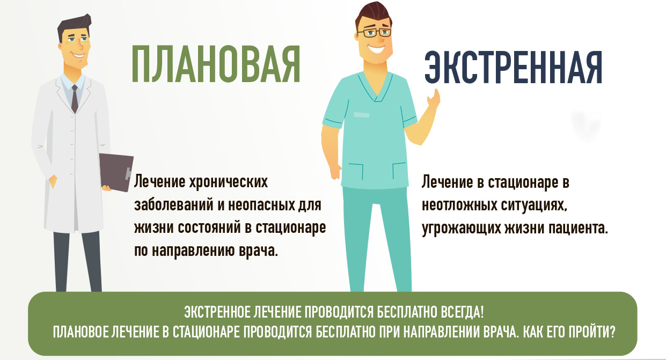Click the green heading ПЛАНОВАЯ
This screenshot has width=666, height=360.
pos(216,64)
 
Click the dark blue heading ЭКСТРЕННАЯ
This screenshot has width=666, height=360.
pos(514,68)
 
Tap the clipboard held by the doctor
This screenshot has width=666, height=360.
pos(116,172)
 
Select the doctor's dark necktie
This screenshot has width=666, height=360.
pos(75,99)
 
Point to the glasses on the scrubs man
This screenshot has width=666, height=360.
pos(375,32)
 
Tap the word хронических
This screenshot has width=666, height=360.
pos(229,182)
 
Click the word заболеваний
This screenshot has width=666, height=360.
pos(173,205)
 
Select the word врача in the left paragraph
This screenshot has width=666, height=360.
pos(258,251)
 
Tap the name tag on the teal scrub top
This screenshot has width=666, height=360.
pos(362,115)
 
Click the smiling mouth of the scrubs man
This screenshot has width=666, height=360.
pos(376,49)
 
